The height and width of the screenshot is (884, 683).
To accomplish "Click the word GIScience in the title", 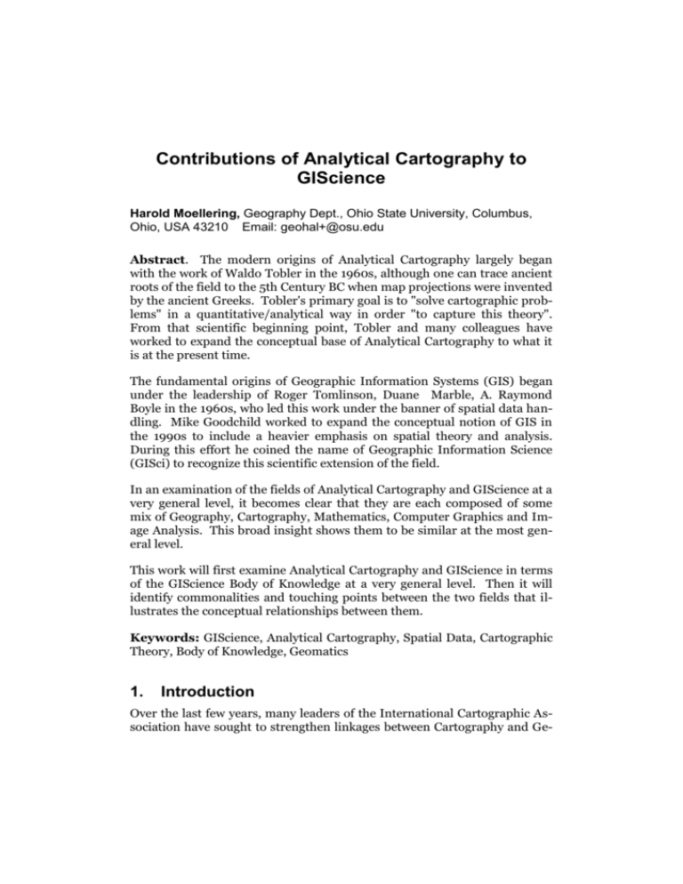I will click(341, 184).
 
